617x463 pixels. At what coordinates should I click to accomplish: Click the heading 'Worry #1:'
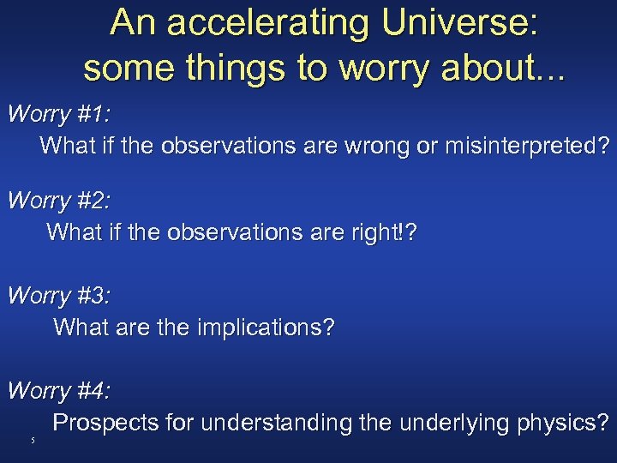point(59,114)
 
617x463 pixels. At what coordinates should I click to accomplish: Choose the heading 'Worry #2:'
point(59,201)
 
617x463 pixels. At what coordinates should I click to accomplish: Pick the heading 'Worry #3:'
point(59,296)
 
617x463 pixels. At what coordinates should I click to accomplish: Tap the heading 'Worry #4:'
point(59,391)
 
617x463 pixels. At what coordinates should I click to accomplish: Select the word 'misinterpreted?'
point(527,146)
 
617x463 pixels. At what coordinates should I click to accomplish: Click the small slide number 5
point(32,441)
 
